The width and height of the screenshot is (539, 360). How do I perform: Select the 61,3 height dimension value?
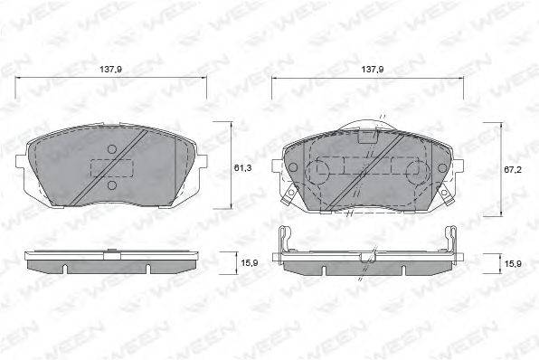coord(242,166)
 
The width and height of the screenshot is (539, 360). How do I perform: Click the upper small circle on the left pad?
coord(112,149)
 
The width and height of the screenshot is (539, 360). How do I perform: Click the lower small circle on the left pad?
coord(112,185)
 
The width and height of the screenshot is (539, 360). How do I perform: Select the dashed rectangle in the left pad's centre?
coord(112,168)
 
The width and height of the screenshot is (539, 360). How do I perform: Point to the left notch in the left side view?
coord(68,268)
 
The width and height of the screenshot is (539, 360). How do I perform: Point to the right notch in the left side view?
coord(147,268)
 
